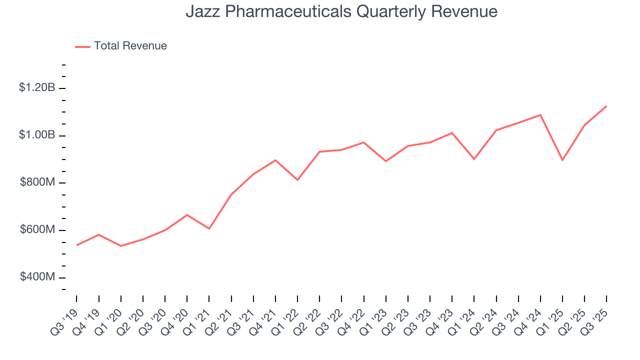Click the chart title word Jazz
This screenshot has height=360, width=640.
[x=201, y=11]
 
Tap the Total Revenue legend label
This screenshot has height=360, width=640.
[x=130, y=46]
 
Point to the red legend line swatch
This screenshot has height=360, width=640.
[x=82, y=46]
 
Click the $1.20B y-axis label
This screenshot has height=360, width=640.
[x=37, y=87]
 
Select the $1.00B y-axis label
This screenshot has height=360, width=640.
[x=37, y=135]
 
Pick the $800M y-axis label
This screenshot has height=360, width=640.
[x=37, y=182]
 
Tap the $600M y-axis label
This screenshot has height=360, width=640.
[x=37, y=230]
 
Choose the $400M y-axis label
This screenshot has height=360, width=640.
[x=37, y=277]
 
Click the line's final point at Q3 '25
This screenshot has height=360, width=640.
[x=606, y=106]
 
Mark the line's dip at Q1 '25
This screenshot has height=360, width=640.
[x=562, y=160]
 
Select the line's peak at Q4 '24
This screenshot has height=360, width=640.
[x=540, y=115]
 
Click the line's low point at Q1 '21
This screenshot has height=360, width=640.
[x=209, y=228]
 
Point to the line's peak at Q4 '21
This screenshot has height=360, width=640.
[x=275, y=160]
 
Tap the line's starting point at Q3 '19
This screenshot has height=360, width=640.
[x=77, y=245]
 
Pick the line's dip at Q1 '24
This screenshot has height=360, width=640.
[x=474, y=159]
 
